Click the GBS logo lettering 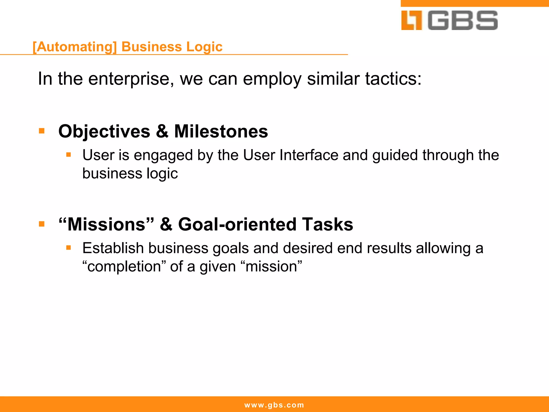(x=463, y=20)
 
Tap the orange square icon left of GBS (x=411, y=20)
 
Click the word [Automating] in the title (x=75, y=47)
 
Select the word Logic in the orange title (x=204, y=47)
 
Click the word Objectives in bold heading (x=104, y=131)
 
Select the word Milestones (x=221, y=131)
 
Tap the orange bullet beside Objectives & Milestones (x=42, y=131)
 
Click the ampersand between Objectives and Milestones (x=162, y=131)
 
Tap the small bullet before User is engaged (x=69, y=155)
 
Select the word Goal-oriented (x=237, y=224)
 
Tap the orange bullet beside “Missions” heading (x=42, y=224)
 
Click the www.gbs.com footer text (x=274, y=405)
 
